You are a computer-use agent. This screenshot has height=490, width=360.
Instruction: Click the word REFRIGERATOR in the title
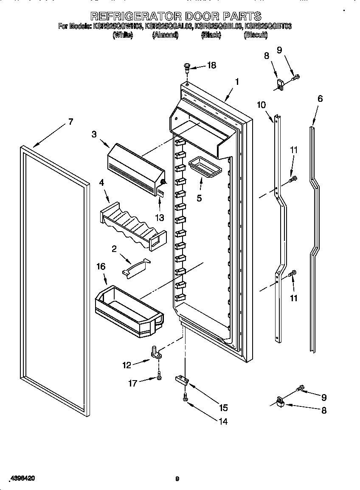point(136,16)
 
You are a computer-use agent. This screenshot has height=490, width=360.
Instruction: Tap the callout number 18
point(211,65)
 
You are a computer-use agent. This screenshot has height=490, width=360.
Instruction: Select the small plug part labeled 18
point(187,67)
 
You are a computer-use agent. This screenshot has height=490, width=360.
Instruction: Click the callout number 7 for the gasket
point(70,122)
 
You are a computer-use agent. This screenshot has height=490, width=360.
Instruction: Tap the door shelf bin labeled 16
point(129,310)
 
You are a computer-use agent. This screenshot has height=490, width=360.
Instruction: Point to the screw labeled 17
point(159,375)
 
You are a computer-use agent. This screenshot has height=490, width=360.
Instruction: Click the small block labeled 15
point(181,379)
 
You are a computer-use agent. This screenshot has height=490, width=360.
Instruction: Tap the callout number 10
point(261,105)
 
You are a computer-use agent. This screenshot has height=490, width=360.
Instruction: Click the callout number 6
point(320,99)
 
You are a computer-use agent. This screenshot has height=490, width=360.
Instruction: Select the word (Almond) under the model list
point(165,36)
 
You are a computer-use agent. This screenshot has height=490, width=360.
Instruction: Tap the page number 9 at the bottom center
point(177,479)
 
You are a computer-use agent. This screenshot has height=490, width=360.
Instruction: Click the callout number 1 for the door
point(237,82)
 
